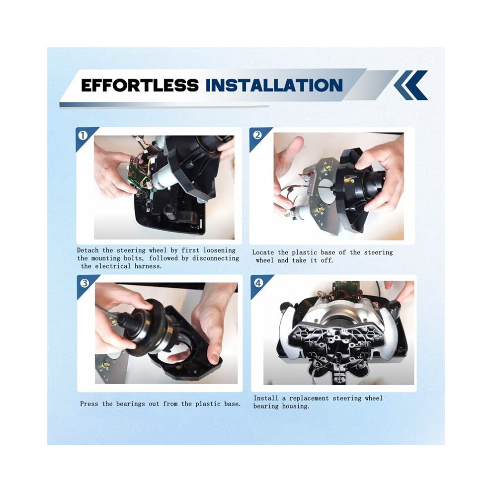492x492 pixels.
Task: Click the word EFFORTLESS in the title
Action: point(140,85)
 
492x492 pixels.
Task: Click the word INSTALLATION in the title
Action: point(274,85)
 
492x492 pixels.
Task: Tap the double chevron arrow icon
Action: point(410,84)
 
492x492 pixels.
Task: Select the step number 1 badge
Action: point(83,136)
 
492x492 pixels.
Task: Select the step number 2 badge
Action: point(257,135)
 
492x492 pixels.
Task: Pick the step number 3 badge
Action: point(84,283)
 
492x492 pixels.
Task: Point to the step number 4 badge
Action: point(258,283)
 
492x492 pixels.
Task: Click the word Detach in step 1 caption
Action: point(88,250)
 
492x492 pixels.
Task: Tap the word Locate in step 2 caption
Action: point(263,252)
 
